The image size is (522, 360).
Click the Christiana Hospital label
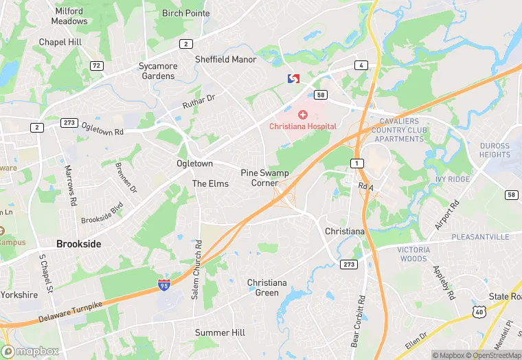coord(302,126)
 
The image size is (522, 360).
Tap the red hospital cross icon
coord(302,114)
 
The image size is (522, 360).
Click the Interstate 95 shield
coord(163,284)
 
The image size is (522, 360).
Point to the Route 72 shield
coord(96,65)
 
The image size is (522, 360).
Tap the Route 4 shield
coord(360,65)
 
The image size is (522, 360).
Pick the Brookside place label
coord(78,244)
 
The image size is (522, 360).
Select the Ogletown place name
coord(194,164)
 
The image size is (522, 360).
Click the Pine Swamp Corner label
coord(264,178)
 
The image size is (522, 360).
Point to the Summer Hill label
coord(220,333)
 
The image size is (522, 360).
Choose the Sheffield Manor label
coord(225,60)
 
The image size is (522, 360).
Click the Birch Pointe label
coord(185,13)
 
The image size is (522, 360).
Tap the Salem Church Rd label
coord(198,259)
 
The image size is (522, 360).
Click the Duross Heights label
coord(495,150)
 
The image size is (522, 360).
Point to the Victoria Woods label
coord(414,254)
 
